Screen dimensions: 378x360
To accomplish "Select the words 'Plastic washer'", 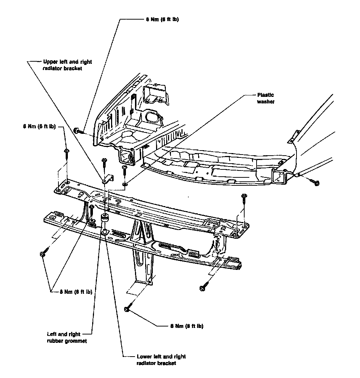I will click(265, 98).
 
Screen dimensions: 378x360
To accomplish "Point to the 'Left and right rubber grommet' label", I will click(67, 337).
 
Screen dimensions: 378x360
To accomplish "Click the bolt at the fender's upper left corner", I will click(77, 131).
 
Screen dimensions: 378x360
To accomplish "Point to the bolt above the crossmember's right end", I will click(244, 198).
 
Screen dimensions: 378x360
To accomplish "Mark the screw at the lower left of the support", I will click(43, 253).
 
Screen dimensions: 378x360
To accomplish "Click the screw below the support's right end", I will click(202, 288).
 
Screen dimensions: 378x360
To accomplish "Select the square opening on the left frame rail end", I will click(124, 157).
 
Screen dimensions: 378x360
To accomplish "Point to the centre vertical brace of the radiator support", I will click(142, 250).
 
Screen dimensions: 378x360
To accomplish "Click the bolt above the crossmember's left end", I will click(67, 151).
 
